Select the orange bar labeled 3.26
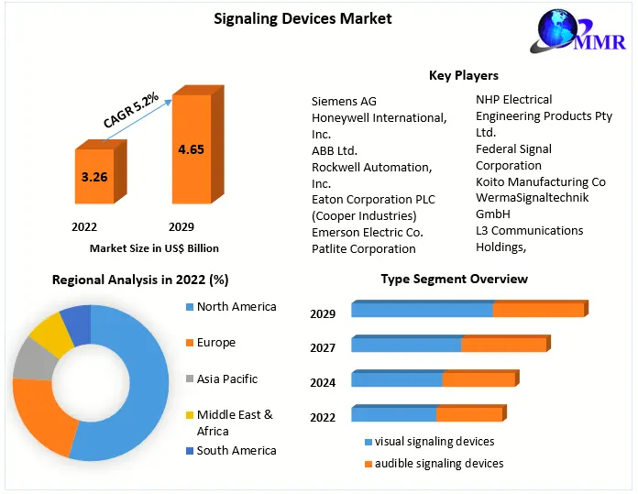pyautogui.click(x=94, y=176)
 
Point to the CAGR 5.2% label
pyautogui.click(x=130, y=109)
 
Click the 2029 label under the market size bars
pyautogui.click(x=181, y=226)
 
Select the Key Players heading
pyautogui.click(x=463, y=75)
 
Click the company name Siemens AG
pyautogui.click(x=344, y=101)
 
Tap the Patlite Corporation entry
pyautogui.click(x=363, y=248)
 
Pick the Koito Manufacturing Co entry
pyautogui.click(x=540, y=182)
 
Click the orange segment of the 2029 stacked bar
pyautogui.click(x=537, y=310)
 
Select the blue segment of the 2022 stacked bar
pyautogui.click(x=393, y=414)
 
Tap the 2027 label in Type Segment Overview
pyautogui.click(x=323, y=347)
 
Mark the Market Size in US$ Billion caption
pyautogui.click(x=154, y=248)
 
